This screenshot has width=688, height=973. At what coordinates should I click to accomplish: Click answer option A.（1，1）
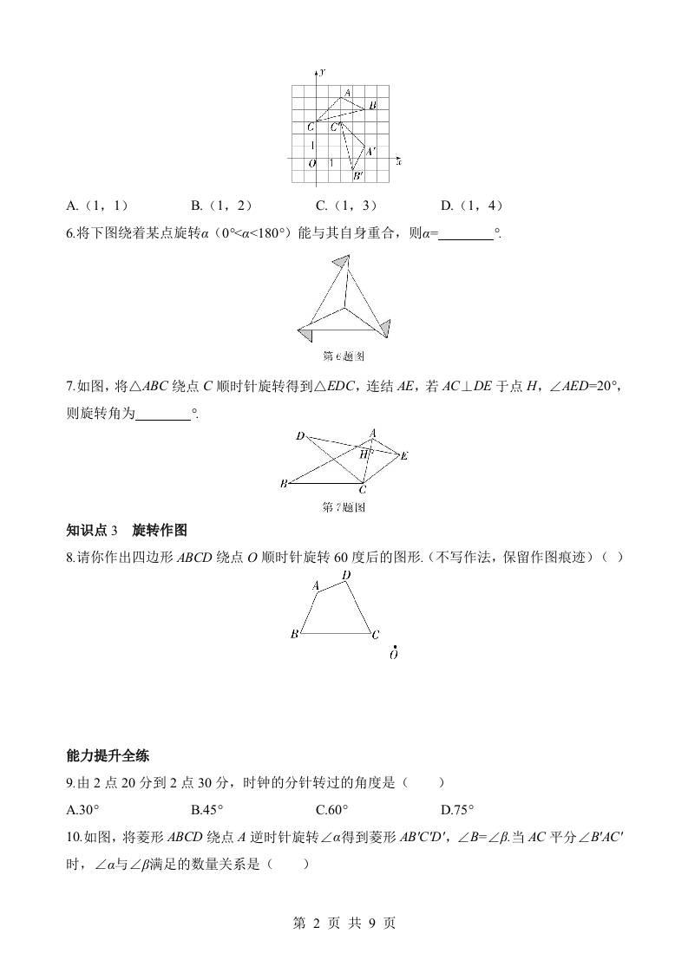click(x=97, y=206)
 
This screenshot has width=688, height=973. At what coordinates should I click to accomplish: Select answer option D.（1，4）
click(x=471, y=206)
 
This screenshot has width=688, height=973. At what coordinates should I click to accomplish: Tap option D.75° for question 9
click(x=457, y=810)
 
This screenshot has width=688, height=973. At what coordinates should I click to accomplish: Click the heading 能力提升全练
click(x=108, y=754)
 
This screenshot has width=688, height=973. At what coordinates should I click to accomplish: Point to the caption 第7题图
click(x=344, y=507)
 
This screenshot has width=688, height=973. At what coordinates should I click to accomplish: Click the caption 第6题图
click(x=344, y=356)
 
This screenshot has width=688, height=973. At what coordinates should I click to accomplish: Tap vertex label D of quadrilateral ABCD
click(x=346, y=574)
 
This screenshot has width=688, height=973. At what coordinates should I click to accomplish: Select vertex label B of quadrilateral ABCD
click(x=295, y=634)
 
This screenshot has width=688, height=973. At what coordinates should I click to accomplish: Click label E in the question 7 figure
click(x=404, y=455)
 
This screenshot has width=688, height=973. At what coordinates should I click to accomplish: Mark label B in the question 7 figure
click(x=284, y=484)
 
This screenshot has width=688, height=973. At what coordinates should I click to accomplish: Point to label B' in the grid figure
click(x=357, y=175)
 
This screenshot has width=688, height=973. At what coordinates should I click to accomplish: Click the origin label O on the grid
click(x=312, y=163)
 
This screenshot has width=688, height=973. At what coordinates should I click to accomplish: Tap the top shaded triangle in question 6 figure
click(x=342, y=261)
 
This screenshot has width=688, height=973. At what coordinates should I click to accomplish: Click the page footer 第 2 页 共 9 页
click(x=344, y=923)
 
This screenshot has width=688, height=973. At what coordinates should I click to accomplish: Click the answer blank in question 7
click(x=163, y=415)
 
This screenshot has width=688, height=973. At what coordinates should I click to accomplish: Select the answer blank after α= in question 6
click(x=466, y=233)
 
